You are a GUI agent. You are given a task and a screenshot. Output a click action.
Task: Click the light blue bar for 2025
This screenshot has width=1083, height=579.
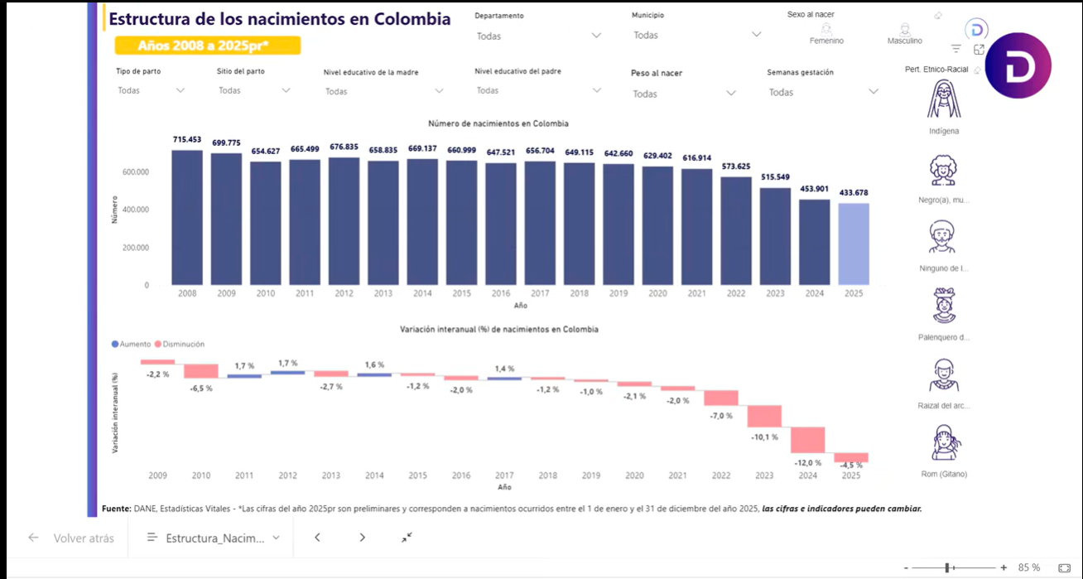coord(854,244)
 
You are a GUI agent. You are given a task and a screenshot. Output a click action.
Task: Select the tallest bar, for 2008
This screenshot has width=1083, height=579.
coord(187,217)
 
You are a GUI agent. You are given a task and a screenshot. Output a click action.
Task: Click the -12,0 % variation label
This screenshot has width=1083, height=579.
coord(808,463)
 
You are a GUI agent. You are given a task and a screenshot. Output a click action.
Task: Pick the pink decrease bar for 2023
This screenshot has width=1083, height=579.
coord(764,416)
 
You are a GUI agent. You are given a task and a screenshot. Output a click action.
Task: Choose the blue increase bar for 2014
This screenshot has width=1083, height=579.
coord(374,374)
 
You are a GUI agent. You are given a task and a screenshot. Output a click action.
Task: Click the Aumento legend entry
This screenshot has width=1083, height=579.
coord(131,344)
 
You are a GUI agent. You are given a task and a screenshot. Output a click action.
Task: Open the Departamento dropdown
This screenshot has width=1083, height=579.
coord(538,36)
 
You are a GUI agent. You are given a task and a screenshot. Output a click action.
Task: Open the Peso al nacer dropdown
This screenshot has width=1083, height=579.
coord(683,94)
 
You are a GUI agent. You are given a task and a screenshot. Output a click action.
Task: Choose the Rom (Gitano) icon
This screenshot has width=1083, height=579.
coord(943,442)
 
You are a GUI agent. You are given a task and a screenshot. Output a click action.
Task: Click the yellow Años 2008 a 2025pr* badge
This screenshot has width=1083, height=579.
coord(207,46)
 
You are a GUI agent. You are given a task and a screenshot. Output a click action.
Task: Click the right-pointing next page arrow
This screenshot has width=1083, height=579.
coord(362,538)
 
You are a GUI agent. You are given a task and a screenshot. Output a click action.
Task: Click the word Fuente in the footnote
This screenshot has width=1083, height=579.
coord(116,509)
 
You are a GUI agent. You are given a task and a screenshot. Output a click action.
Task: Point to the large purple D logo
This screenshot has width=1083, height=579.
coord(1017,66)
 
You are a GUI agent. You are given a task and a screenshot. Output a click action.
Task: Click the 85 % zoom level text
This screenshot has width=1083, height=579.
coord(1029,567)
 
